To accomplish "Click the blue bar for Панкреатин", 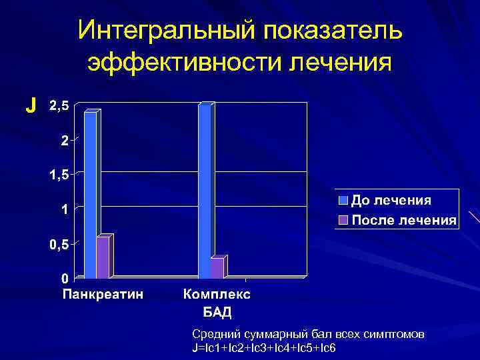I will click(x=90, y=193).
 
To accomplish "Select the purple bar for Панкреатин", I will click(x=102, y=257).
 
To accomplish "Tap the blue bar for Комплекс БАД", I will click(x=205, y=190).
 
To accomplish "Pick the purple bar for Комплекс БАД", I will click(x=217, y=267).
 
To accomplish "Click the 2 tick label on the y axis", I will click(x=65, y=140).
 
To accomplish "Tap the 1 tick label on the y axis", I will click(x=65, y=209).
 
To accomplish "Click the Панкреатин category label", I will click(x=103, y=293).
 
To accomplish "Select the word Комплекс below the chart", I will click(x=217, y=293).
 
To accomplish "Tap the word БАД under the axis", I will click(x=217, y=311).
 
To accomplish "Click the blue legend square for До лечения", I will click(x=343, y=200).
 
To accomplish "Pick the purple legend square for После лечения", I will click(x=343, y=219).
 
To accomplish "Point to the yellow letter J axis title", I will click(x=30, y=105).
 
